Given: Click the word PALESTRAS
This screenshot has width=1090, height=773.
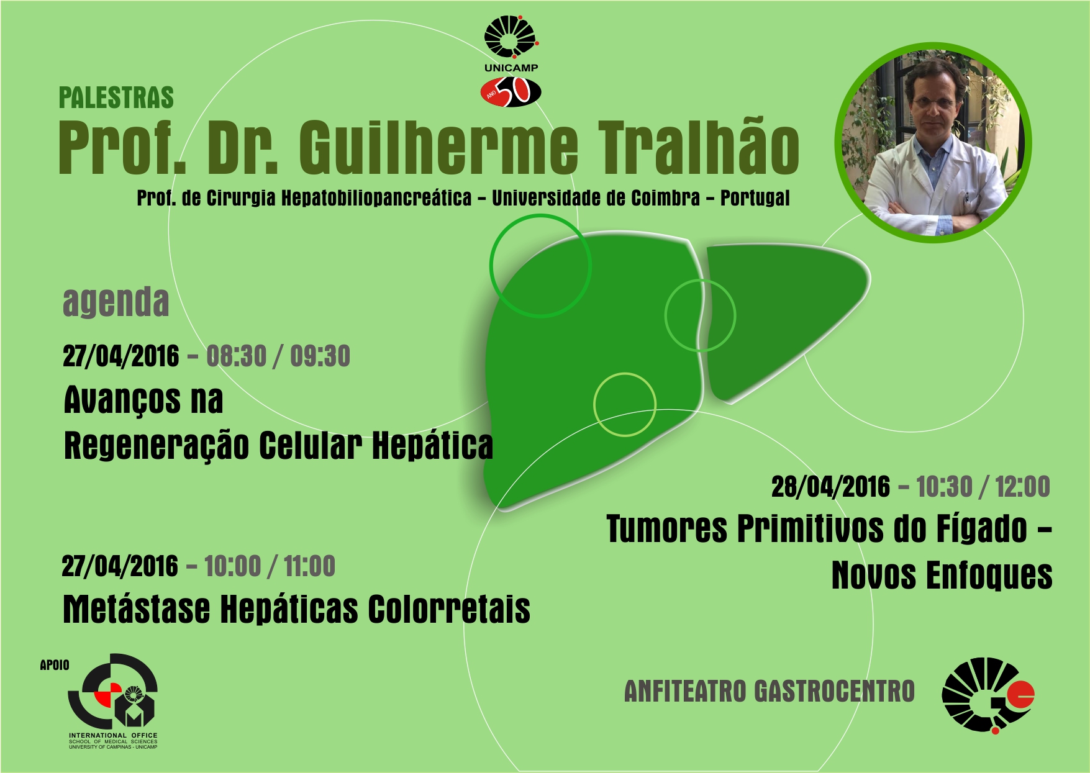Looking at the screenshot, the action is click(116, 98).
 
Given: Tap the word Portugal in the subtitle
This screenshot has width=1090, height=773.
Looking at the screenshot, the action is click(755, 199).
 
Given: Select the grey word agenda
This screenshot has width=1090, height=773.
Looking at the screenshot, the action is click(116, 302).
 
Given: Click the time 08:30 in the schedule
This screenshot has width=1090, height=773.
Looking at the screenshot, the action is click(236, 356).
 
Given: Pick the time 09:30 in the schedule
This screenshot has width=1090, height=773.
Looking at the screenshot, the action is click(320, 356).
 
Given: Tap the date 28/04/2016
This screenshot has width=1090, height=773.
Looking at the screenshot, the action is click(830, 487).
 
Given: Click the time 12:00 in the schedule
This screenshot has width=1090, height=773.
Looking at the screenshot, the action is click(1022, 487).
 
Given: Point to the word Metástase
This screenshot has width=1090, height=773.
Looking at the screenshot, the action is click(137, 608).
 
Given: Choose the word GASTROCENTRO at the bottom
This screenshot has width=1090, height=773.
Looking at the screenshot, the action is click(834, 691).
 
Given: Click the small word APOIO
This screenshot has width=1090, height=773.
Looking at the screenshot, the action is click(55, 665).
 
